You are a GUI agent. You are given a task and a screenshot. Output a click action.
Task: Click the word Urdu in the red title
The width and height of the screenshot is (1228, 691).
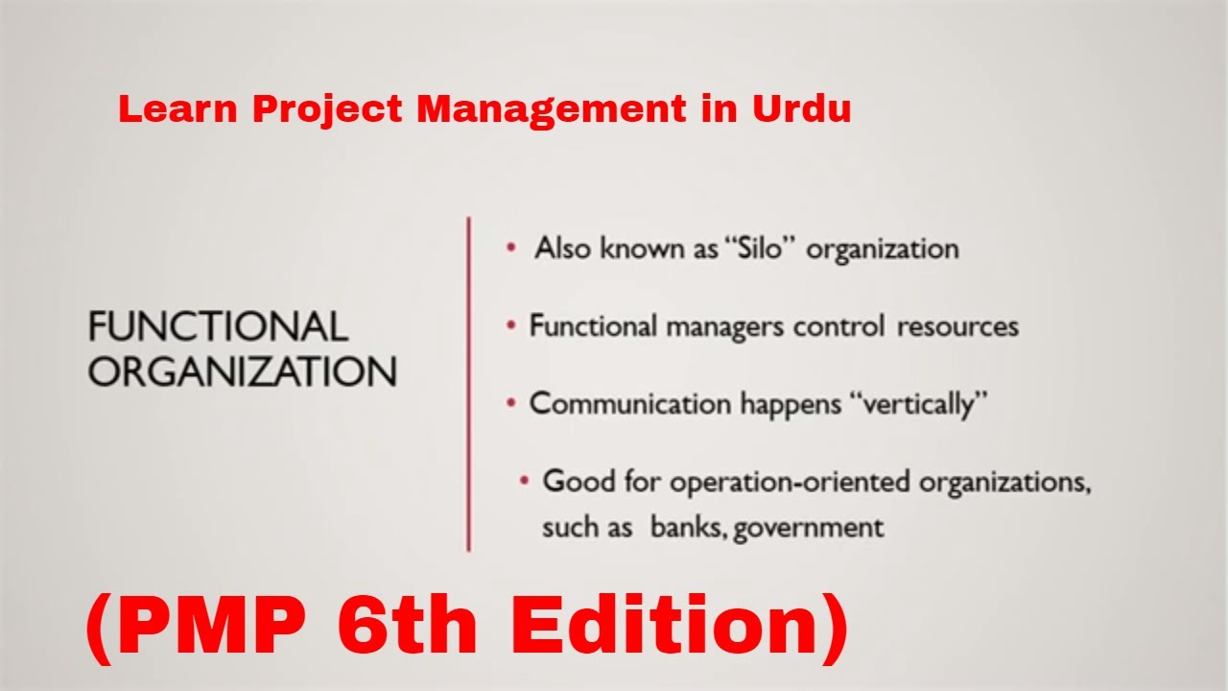pyautogui.click(x=801, y=108)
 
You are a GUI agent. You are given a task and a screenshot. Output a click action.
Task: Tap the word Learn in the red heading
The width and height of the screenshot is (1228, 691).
pyautogui.click(x=178, y=108)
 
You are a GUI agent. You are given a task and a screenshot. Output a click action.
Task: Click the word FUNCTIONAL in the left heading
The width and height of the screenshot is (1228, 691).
pyautogui.click(x=218, y=326)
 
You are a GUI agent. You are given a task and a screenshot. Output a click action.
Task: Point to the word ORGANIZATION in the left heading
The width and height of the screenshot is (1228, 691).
pyautogui.click(x=243, y=371)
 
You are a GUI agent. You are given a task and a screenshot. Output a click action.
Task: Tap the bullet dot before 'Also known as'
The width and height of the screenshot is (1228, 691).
pyautogui.click(x=511, y=248)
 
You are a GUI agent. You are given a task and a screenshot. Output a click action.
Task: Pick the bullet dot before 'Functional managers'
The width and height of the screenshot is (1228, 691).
pyautogui.click(x=511, y=325)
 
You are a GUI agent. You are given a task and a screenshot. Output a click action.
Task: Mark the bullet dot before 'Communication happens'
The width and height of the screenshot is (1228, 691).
pyautogui.click(x=511, y=404)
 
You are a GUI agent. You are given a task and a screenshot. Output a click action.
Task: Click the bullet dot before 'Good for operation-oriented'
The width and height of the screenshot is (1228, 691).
pyautogui.click(x=524, y=482)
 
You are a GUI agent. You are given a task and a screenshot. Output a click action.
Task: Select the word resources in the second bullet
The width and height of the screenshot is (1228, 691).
pyautogui.click(x=957, y=327)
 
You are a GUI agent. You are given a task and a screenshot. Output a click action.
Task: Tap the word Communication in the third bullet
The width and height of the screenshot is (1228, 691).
pyautogui.click(x=630, y=404)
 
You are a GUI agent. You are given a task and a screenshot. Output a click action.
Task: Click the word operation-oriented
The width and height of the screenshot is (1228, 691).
pyautogui.click(x=790, y=483)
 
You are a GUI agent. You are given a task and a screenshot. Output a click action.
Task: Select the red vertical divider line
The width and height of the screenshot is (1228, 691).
pyautogui.click(x=469, y=385)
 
